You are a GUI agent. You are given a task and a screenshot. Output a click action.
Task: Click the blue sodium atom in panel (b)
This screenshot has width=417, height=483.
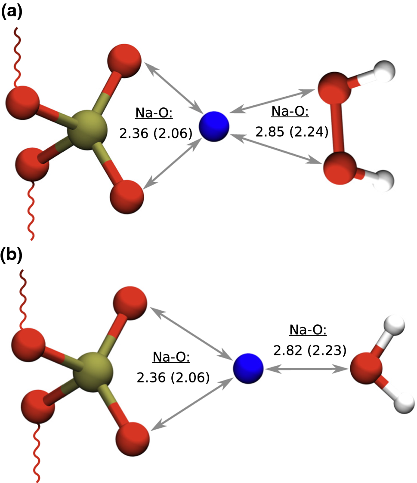[248, 368]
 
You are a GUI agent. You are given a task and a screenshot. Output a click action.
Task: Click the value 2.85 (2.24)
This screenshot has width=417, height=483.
[291, 131]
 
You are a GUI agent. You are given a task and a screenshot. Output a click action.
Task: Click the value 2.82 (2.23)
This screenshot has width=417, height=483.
[309, 351]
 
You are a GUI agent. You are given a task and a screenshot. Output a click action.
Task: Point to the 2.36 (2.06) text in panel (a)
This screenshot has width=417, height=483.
[155, 134]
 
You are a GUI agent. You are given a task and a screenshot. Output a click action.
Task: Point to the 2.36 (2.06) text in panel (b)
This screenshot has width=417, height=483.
[173, 378]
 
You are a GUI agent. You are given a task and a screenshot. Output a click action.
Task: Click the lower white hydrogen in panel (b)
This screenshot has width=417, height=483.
[404, 403]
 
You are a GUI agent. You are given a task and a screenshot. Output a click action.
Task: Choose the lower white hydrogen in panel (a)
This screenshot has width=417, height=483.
[384, 177]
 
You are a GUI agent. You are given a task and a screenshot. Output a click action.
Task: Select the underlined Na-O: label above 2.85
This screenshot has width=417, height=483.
[290, 112]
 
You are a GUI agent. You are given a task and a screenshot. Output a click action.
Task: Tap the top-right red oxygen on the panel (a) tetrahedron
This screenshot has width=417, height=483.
[124, 61]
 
